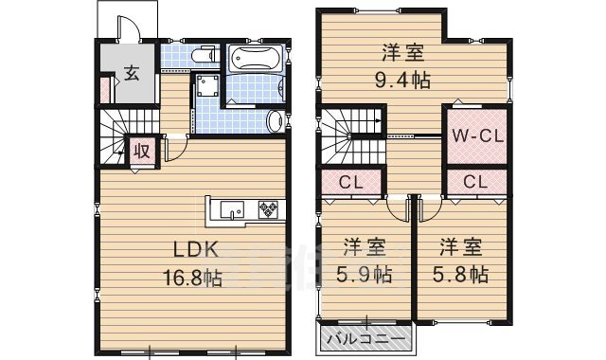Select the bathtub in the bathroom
[253, 59]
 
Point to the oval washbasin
[274, 121]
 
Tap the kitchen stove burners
[267, 209]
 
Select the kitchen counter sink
[232, 209]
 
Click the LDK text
[196, 250]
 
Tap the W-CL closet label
[475, 134]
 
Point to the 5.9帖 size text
[364, 276]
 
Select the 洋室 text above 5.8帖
[461, 249]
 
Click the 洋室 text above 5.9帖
[364, 249]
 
